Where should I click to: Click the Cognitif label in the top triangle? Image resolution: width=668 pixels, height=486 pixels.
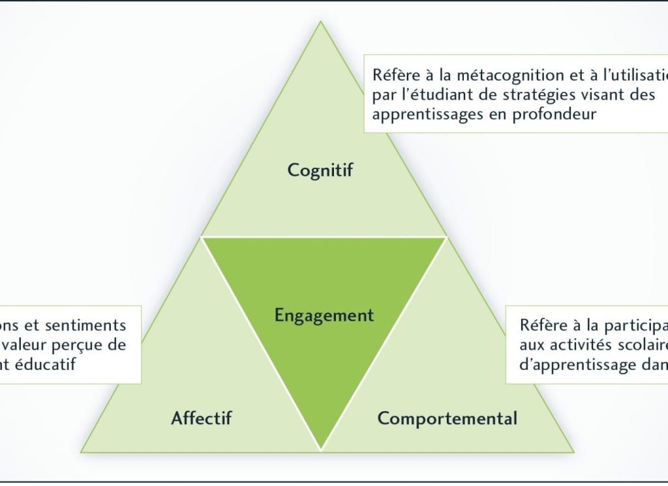pyautogui.click(x=320, y=170)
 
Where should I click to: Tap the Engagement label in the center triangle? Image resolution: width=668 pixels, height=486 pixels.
pyautogui.click(x=324, y=316)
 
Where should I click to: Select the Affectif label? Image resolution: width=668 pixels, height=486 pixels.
pyautogui.click(x=201, y=418)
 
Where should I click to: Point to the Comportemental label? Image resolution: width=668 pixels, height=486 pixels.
pyautogui.click(x=447, y=418)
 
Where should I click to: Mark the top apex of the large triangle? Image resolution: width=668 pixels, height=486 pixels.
pyautogui.click(x=320, y=22)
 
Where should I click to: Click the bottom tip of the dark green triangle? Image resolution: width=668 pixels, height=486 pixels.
pyautogui.click(x=321, y=449)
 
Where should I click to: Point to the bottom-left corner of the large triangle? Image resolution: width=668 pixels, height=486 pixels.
pyautogui.click(x=81, y=451)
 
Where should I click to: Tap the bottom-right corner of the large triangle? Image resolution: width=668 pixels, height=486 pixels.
pyautogui.click(x=574, y=451)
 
